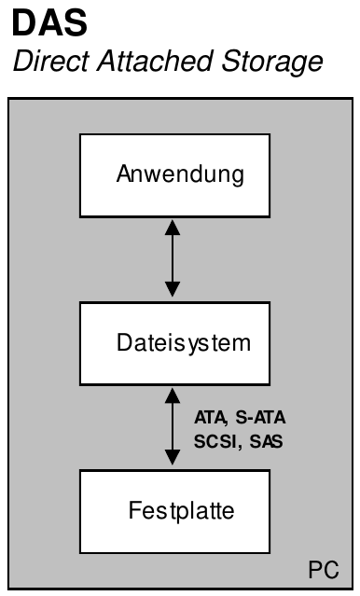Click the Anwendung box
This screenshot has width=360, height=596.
(174, 174)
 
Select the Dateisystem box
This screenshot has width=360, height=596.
(174, 342)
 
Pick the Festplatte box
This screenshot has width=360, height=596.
(174, 510)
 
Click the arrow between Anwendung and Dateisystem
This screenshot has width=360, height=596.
(172, 258)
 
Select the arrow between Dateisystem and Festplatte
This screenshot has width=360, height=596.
(172, 426)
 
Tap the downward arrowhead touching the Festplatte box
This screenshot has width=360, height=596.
(172, 461)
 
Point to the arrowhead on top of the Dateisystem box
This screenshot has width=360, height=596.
(172, 293)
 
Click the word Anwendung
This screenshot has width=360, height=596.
(174, 174)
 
